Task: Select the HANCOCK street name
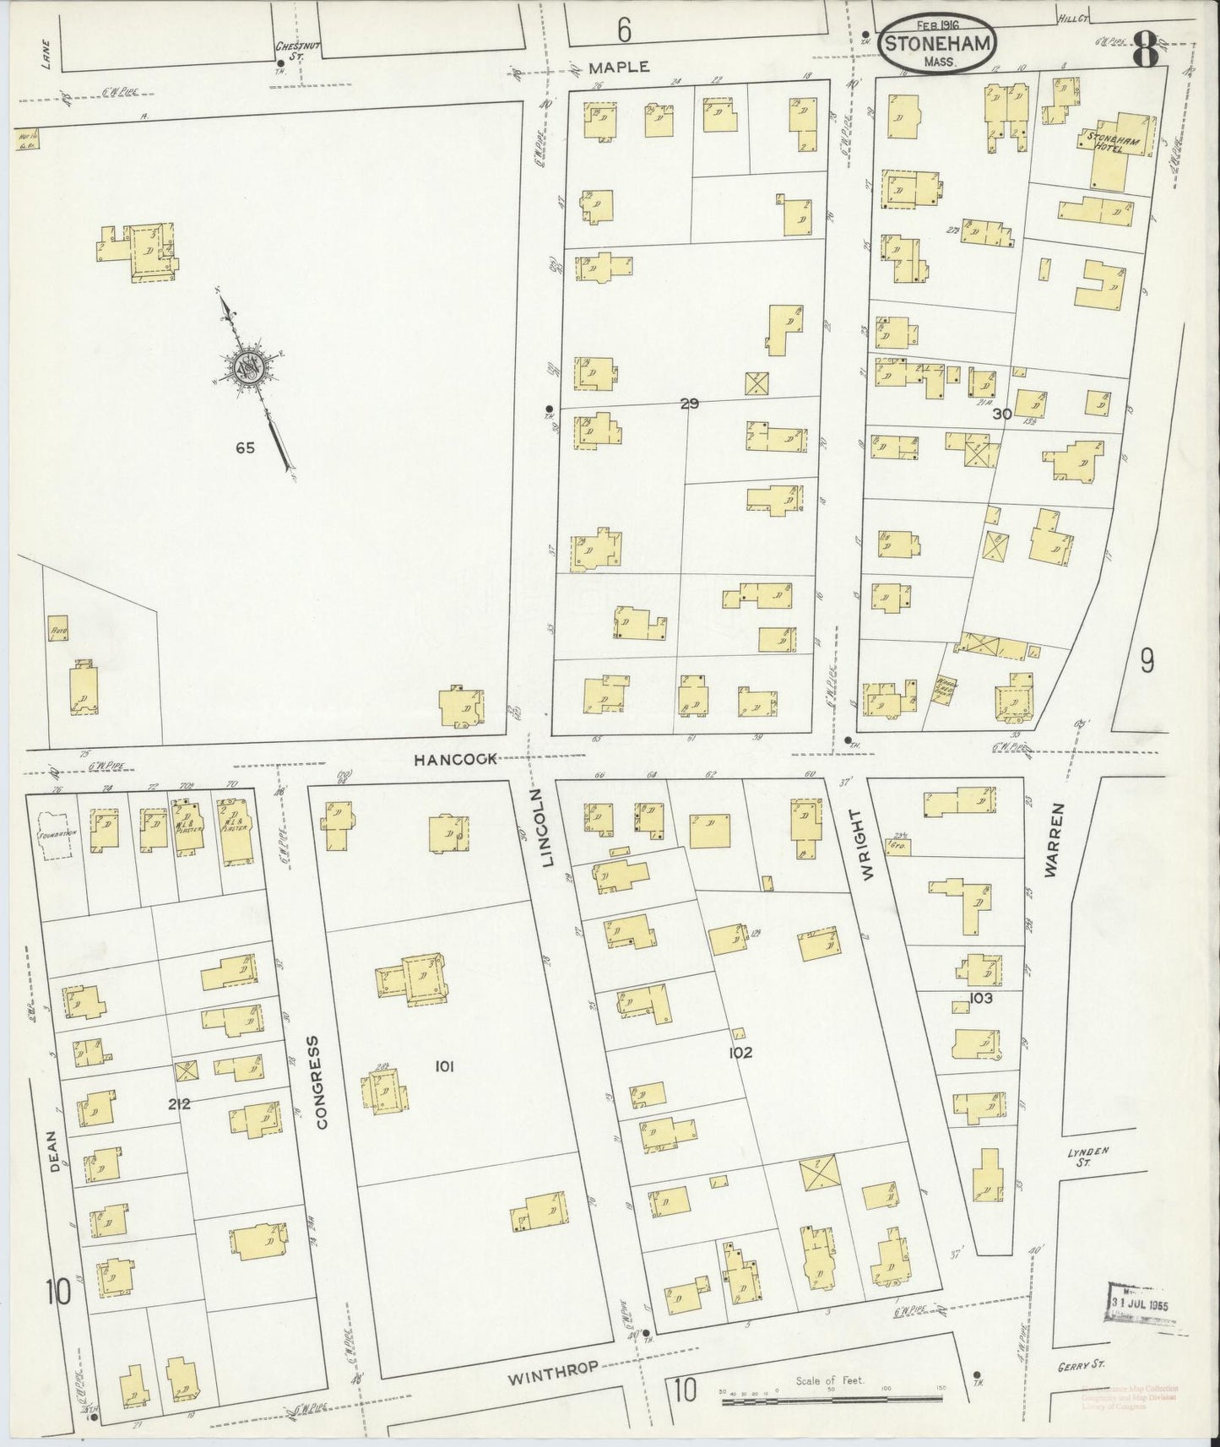pos(455,759)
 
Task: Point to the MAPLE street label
pos(619,67)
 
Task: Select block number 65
pos(245,448)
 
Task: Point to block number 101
pos(445,1067)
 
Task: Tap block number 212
pos(178,1103)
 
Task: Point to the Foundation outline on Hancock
pos(57,832)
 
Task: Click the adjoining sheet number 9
pos(1146,661)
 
